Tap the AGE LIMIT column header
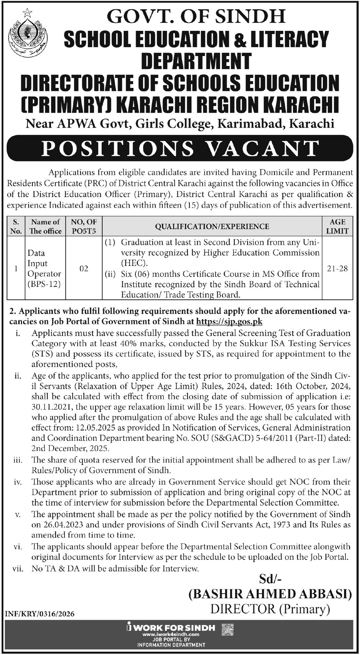(337, 226)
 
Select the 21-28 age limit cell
(337, 268)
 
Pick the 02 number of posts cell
(84, 268)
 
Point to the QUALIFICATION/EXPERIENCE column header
(212, 227)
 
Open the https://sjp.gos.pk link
(229, 321)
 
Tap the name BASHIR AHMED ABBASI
(270, 595)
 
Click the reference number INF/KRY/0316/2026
(40, 614)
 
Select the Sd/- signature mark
(270, 579)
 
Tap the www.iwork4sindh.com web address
(171, 634)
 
